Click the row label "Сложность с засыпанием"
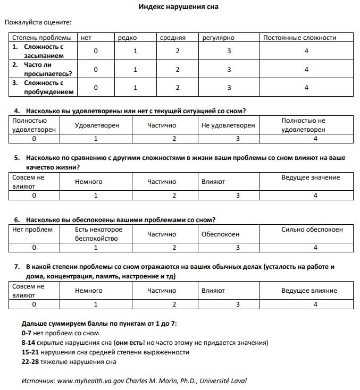pyautogui.click(x=44, y=51)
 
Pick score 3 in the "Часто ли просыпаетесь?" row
pyautogui.click(x=229, y=69)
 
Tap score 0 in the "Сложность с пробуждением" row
pyautogui.click(x=96, y=88)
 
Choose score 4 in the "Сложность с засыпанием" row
pyautogui.click(x=307, y=51)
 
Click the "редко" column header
pyautogui.click(x=128, y=38)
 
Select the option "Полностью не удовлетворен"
pyautogui.click(x=303, y=125)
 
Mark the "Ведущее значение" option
pyautogui.click(x=311, y=177)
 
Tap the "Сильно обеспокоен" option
pyautogui.click(x=312, y=230)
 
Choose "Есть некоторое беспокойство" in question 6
pyautogui.click(x=99, y=234)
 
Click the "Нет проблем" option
pyautogui.click(x=32, y=230)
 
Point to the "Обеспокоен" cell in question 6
pyautogui.click(x=220, y=234)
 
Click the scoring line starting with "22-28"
pyautogui.click(x=69, y=362)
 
